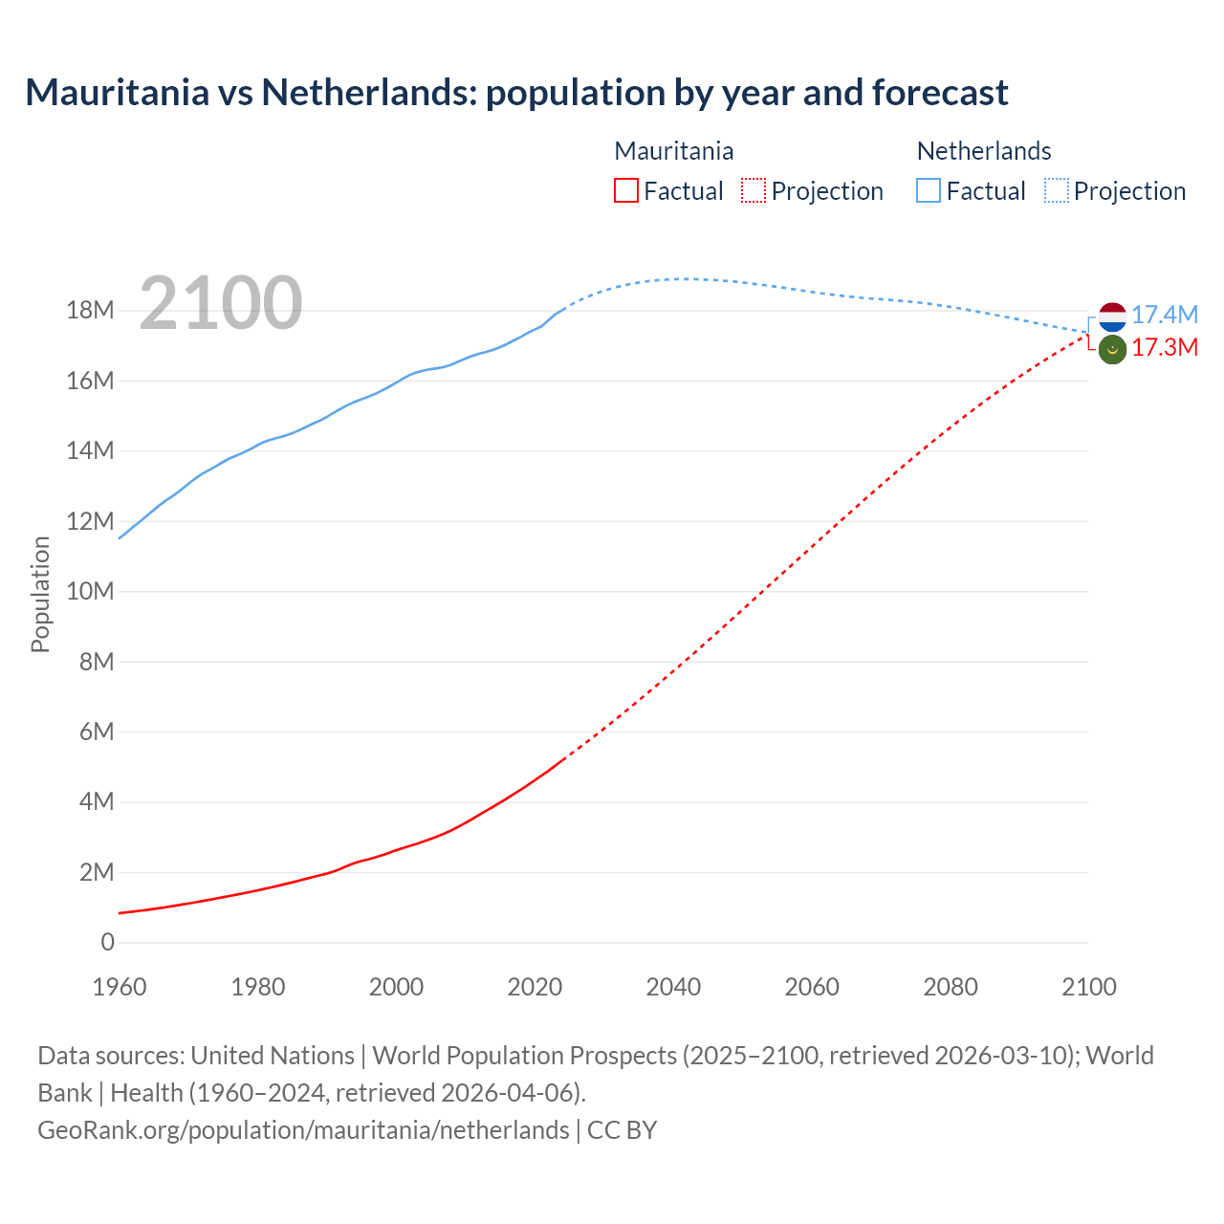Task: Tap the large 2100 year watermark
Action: click(221, 303)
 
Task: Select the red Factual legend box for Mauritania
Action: click(625, 191)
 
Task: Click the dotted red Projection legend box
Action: click(754, 191)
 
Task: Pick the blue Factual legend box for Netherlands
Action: click(928, 191)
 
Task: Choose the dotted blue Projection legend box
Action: click(1056, 191)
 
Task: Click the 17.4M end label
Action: click(1164, 315)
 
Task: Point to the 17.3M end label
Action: click(1164, 347)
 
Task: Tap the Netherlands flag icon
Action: click(1112, 316)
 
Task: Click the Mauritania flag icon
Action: click(1112, 350)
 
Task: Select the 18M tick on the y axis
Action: click(90, 311)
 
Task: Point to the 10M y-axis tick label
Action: click(90, 591)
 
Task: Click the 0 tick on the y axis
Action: click(107, 942)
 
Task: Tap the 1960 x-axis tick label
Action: click(120, 987)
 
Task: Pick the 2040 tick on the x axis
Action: click(673, 987)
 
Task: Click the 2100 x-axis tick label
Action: click(1088, 987)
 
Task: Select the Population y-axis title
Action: click(40, 594)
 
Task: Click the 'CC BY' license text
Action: click(622, 1130)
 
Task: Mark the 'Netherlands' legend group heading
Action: click(983, 151)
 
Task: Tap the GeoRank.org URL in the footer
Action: click(303, 1130)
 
